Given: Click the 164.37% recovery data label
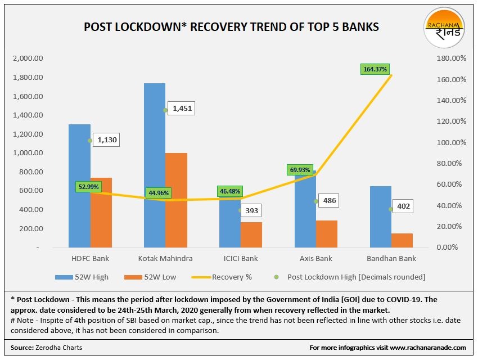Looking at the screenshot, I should pos(376,69).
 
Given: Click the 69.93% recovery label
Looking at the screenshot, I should pos(300,170).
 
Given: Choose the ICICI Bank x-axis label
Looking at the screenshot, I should pos(240,259).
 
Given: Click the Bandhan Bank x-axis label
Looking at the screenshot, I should pos(391,259).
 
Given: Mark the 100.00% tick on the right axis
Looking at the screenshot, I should pos(451,142).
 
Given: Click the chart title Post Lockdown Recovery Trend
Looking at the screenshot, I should pos(231,27).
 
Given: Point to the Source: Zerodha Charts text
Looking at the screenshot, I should pos(47,348).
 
